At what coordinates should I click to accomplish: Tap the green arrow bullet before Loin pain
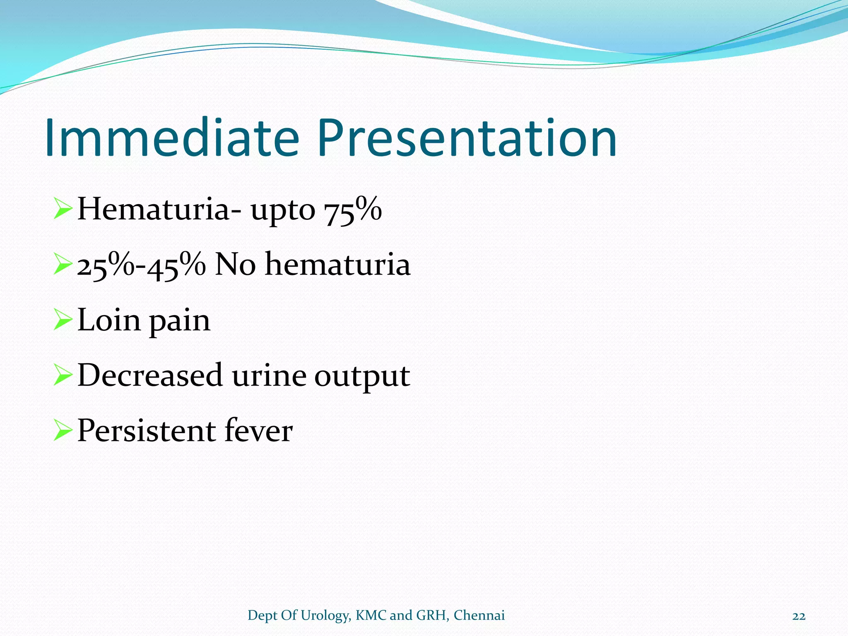(63, 321)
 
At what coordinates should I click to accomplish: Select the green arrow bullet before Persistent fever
(63, 431)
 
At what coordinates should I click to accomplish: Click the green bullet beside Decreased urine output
(63, 376)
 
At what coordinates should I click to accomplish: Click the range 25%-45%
(142, 265)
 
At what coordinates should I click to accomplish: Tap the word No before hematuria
(235, 265)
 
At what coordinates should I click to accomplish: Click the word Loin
(109, 320)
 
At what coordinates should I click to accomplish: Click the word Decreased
(150, 375)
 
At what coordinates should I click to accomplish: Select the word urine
(269, 376)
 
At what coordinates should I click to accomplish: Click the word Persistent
(146, 431)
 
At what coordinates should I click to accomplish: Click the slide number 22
(799, 616)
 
